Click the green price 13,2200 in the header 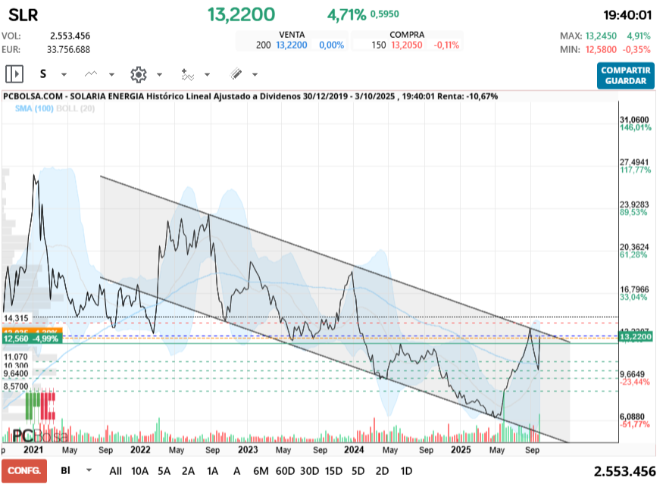[x=242, y=14]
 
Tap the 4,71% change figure [x=346, y=14]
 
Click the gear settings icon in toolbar [x=138, y=74]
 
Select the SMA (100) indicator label [x=35, y=109]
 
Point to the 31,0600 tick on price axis [x=636, y=120]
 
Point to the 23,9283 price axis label [x=636, y=204]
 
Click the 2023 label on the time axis [x=249, y=449]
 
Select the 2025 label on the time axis [x=461, y=449]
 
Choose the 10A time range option [x=141, y=470]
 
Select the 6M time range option [x=261, y=470]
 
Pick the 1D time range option [x=406, y=470]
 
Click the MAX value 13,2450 [x=605, y=36]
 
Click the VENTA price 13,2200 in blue [x=292, y=45]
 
